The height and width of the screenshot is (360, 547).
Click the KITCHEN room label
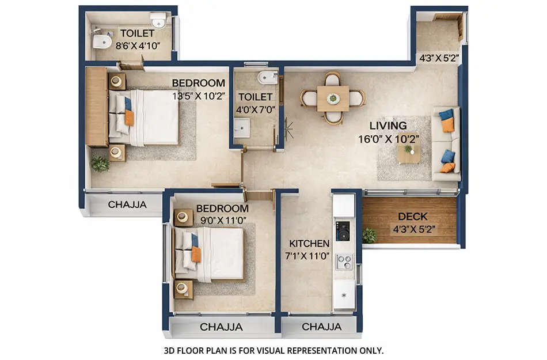309,244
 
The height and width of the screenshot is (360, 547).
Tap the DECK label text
412,217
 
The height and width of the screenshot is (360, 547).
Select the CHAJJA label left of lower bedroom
127,204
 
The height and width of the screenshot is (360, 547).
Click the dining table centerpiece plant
333,98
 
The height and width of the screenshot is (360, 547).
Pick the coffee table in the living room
408,153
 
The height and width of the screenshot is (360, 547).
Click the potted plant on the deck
369,235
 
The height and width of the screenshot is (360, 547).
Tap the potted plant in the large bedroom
100,164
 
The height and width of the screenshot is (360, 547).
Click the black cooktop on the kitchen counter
343,230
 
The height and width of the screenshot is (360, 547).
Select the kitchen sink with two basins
344,262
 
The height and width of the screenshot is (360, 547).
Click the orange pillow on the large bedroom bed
129,118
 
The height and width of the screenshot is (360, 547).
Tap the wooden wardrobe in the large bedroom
96,107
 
